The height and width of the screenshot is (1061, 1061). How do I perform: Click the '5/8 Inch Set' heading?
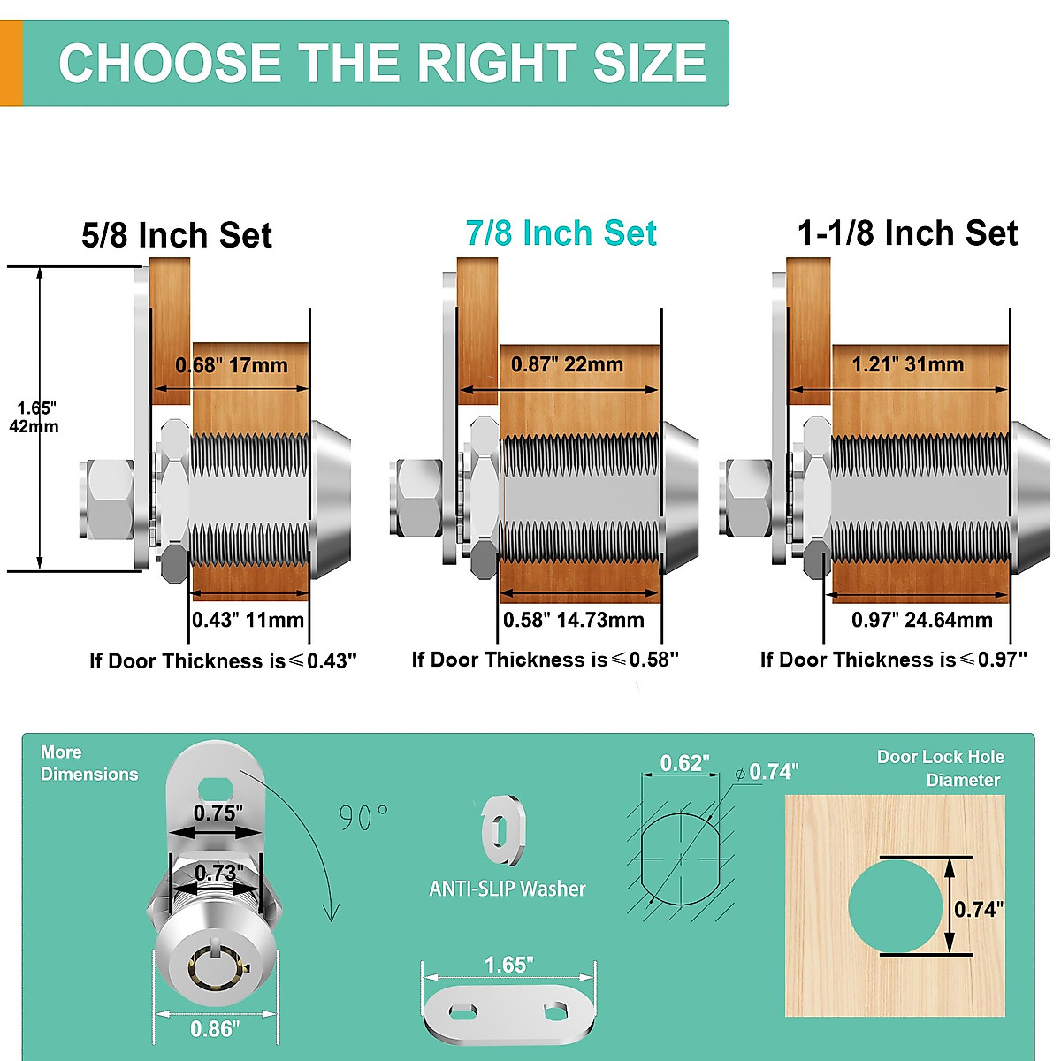(177, 235)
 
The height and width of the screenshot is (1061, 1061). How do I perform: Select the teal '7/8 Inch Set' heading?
(561, 233)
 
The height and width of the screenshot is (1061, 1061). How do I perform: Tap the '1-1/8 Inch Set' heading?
(907, 233)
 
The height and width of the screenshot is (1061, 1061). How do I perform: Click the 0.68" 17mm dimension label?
(232, 365)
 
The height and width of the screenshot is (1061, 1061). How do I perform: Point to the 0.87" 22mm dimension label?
(568, 364)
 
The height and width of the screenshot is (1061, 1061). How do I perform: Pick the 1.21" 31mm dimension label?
(908, 364)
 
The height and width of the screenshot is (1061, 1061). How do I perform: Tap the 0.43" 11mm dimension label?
(248, 620)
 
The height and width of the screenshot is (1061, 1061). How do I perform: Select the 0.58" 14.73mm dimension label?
(574, 620)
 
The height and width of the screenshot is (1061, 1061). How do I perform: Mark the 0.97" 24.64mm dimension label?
(922, 620)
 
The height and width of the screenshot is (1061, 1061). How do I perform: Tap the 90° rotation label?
(363, 817)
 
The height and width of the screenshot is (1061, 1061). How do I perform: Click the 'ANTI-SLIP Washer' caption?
(508, 889)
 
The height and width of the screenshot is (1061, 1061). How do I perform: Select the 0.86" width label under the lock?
(215, 1028)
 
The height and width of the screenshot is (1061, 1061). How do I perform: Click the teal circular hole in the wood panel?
(895, 905)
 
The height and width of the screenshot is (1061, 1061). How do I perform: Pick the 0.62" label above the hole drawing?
(685, 763)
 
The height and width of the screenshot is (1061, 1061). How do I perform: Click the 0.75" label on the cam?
(218, 813)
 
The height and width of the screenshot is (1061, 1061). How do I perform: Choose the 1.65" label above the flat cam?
(509, 965)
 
